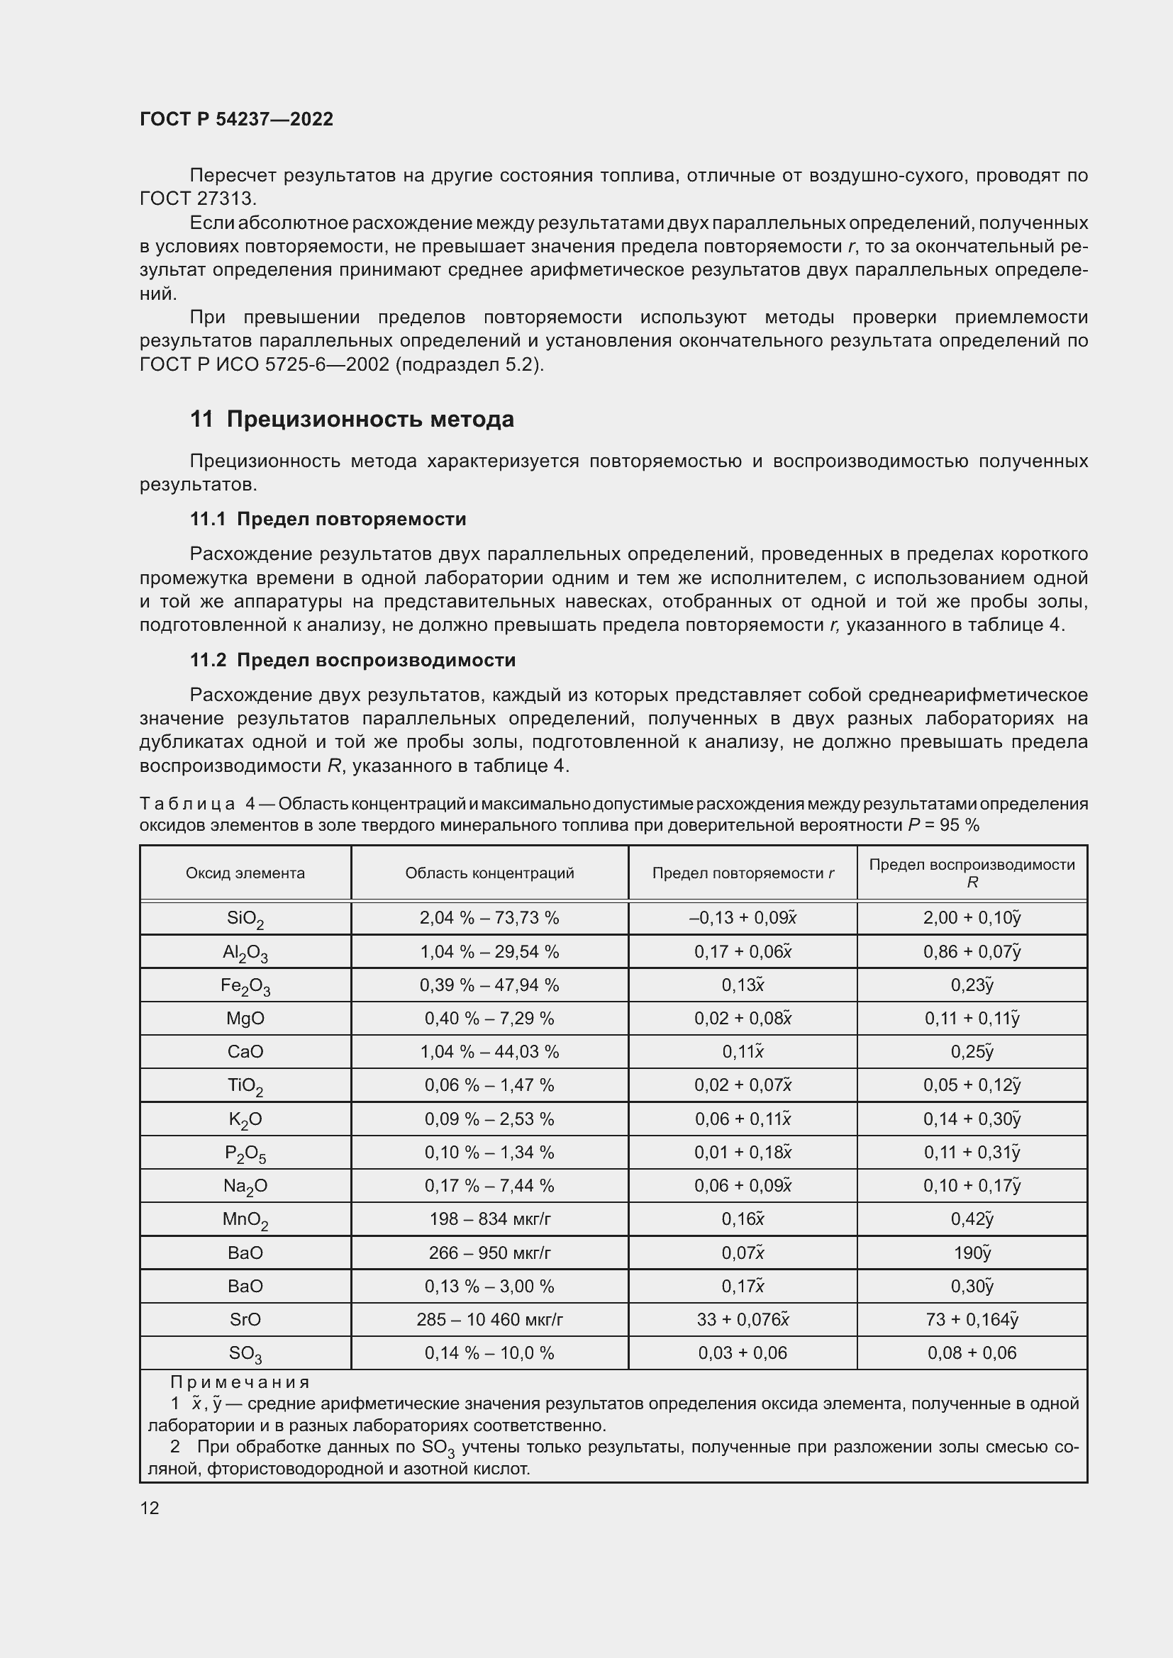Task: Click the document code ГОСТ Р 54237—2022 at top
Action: coord(236,119)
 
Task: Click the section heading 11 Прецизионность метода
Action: coord(352,419)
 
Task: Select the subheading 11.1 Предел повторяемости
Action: coord(328,518)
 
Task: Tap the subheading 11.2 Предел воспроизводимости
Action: coord(352,659)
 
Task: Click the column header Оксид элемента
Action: coord(245,873)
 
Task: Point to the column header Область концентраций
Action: coord(489,873)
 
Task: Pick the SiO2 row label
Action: coord(245,919)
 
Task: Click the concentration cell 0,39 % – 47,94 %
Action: coord(489,985)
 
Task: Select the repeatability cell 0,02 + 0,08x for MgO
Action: coord(743,1018)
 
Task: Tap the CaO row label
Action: coord(245,1051)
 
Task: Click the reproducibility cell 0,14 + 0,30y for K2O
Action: coord(972,1119)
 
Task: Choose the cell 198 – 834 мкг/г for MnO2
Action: coord(489,1219)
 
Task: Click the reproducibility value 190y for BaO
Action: coord(972,1252)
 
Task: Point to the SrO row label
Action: coord(245,1319)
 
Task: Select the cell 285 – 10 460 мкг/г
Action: coord(489,1319)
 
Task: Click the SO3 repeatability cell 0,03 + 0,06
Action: coord(743,1352)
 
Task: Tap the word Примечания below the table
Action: coord(240,1382)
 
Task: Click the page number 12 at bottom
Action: coord(150,1508)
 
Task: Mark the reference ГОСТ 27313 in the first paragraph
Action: coord(197,198)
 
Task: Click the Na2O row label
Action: coord(245,1186)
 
